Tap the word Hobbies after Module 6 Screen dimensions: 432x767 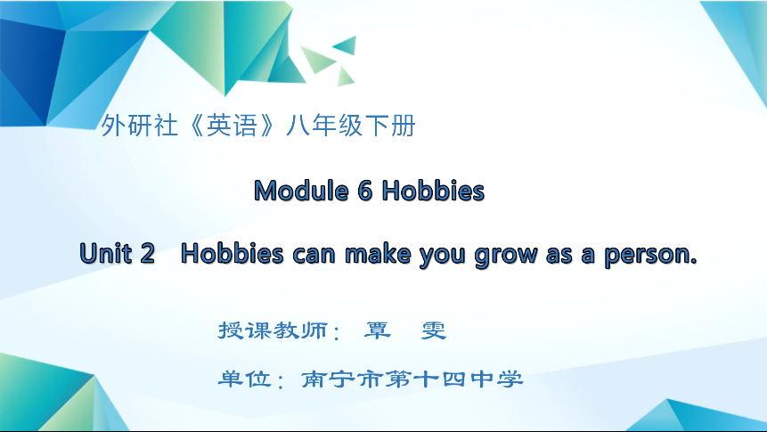(433, 191)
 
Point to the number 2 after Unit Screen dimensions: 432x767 (147, 255)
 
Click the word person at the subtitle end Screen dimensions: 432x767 (650, 255)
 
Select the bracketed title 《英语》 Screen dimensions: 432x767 (223, 126)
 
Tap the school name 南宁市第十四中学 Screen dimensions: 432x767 (412, 379)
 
